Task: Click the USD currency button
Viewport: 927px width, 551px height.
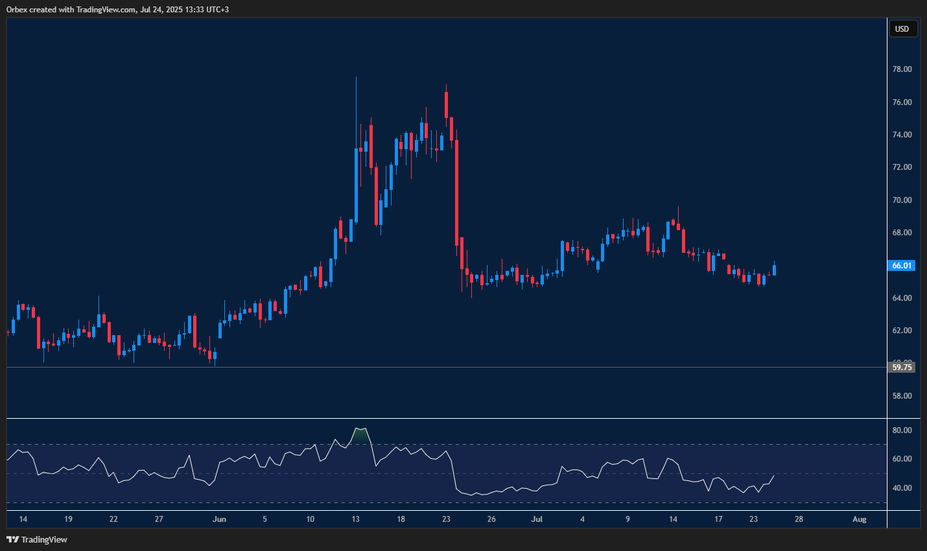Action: tap(902, 29)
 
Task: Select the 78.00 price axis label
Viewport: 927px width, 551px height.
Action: tap(902, 69)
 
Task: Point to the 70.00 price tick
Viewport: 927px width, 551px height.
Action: tap(902, 200)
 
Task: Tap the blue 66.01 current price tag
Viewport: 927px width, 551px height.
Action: tap(902, 266)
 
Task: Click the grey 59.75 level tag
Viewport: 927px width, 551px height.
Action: tap(902, 368)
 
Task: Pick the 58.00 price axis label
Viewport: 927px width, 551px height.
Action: tap(902, 396)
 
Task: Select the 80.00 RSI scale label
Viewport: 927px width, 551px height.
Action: tap(902, 430)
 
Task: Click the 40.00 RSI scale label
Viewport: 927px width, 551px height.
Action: tap(902, 488)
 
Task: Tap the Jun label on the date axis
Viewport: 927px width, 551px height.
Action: tap(219, 519)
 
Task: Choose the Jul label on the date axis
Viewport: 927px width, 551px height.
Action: tap(537, 519)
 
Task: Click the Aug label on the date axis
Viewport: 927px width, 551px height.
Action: tap(859, 519)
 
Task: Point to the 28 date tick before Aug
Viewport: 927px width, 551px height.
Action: tap(799, 519)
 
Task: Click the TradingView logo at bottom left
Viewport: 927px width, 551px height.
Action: tap(37, 539)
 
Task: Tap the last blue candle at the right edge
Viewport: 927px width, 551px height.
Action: tap(774, 270)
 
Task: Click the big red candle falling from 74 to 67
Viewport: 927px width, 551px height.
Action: tap(457, 191)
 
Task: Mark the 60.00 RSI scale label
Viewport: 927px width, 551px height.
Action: tap(902, 459)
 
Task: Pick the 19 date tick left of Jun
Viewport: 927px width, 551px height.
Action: tap(68, 519)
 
